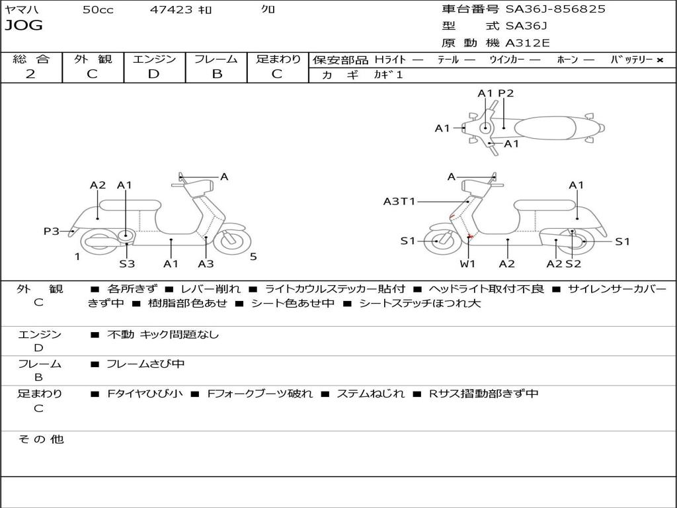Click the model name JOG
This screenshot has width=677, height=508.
[x=24, y=25]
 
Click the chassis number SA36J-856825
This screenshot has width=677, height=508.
[x=555, y=9]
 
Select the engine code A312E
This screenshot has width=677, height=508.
[x=527, y=43]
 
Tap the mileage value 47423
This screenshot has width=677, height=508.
[x=171, y=9]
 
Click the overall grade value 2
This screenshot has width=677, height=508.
[x=30, y=74]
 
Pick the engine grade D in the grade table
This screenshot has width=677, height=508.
[x=153, y=74]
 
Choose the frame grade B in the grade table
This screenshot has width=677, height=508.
[x=217, y=74]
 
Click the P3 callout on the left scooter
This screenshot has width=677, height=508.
[x=52, y=231]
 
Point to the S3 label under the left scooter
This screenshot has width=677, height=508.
[x=127, y=263]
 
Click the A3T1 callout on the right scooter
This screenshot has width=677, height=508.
[x=399, y=201]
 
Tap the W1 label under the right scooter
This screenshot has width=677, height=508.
[x=467, y=263]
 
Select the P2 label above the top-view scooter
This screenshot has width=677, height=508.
[x=506, y=93]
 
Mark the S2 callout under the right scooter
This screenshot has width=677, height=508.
[x=573, y=263]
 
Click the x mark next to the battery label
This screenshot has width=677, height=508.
[x=660, y=60]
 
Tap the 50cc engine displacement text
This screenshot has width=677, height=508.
[x=98, y=9]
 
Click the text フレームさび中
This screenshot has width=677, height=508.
[x=145, y=364]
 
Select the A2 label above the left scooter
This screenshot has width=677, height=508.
[x=98, y=185]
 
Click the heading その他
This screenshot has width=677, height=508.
[x=41, y=439]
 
